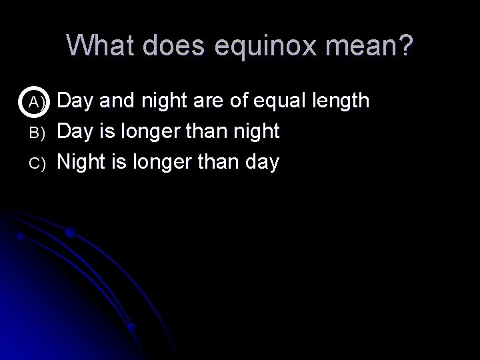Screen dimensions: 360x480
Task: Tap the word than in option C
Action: click(218, 161)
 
